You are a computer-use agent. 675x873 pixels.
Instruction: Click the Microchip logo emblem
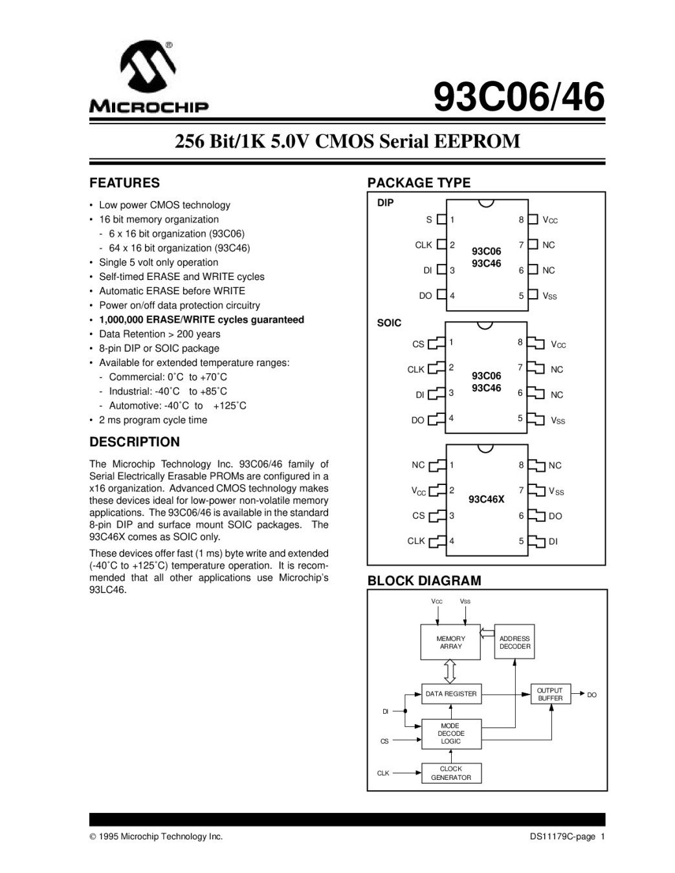[151, 69]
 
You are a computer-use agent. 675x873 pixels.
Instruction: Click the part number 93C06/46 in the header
[518, 98]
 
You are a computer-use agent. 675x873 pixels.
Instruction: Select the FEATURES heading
[124, 183]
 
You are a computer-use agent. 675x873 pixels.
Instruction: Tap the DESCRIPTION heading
[135, 442]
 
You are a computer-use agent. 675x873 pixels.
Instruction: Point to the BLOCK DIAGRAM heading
[424, 581]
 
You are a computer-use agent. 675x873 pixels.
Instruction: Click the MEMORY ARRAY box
[450, 642]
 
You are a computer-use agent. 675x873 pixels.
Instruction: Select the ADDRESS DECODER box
[515, 642]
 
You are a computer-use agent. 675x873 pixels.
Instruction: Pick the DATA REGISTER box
[450, 694]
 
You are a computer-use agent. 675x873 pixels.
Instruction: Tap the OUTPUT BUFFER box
[550, 695]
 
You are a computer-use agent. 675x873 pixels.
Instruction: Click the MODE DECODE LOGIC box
[450, 734]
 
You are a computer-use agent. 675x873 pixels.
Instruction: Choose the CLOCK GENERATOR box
[450, 773]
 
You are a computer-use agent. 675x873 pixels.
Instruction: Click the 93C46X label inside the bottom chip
[486, 499]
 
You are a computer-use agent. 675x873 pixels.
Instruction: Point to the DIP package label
[385, 203]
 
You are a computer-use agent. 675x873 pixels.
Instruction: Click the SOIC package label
[389, 323]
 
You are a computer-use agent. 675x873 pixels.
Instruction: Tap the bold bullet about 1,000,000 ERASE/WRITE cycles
[201, 319]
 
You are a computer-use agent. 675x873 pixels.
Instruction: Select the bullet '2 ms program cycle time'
[153, 420]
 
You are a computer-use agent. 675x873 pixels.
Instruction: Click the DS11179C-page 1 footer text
[566, 837]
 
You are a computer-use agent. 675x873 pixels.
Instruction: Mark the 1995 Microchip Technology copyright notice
[156, 837]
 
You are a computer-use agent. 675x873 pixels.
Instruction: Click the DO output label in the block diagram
[592, 695]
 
